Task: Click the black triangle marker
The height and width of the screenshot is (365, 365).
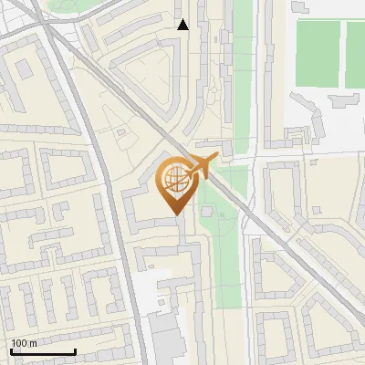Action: pyautogui.click(x=183, y=25)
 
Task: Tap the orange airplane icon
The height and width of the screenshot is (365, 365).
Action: pyautogui.click(x=203, y=167)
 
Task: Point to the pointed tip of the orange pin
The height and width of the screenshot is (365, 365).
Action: pyautogui.click(x=174, y=213)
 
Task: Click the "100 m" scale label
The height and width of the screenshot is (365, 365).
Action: pyautogui.click(x=25, y=343)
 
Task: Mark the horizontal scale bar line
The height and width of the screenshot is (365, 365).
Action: pyautogui.click(x=42, y=351)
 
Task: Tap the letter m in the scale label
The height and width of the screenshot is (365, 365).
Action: pyautogui.click(x=33, y=343)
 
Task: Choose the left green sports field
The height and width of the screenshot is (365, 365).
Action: pyautogui.click(x=317, y=55)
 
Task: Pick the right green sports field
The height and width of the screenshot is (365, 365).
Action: pyautogui.click(x=355, y=55)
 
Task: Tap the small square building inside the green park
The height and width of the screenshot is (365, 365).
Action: pyautogui.click(x=208, y=212)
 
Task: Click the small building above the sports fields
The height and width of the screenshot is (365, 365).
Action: pyautogui.click(x=301, y=5)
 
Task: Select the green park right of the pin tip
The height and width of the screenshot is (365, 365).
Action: pyautogui.click(x=219, y=228)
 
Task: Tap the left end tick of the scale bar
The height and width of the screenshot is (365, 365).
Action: pyautogui.click(x=10, y=350)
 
